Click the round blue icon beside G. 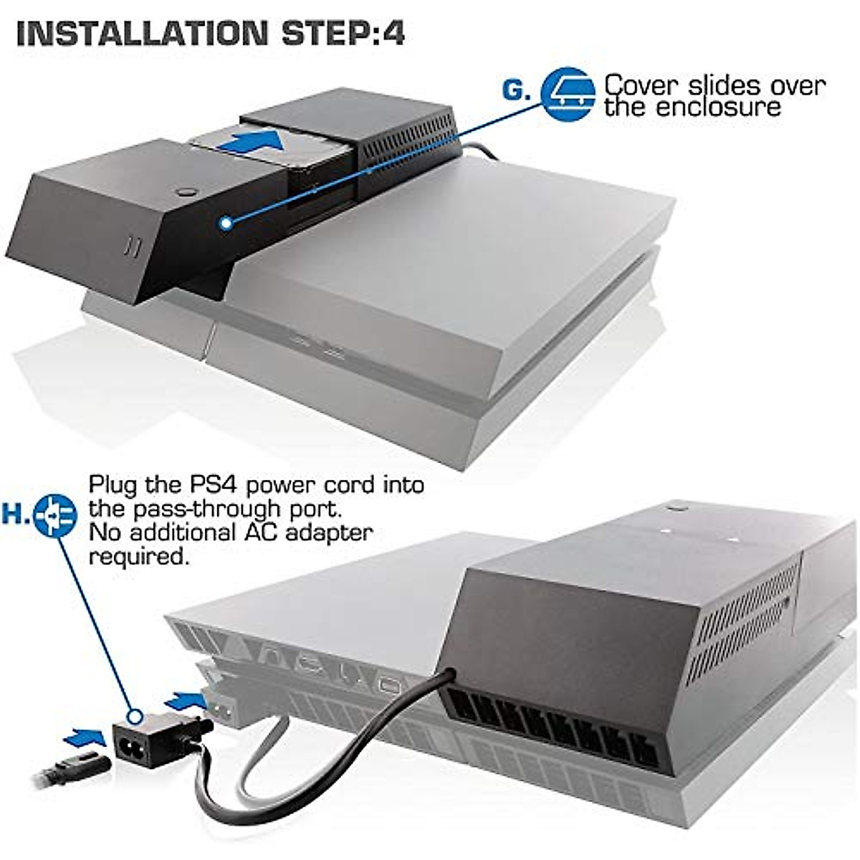pos(568,93)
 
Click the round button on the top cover pos(188,191)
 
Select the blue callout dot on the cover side pos(227,223)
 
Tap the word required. pos(138,556)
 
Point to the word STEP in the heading pos(320,34)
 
